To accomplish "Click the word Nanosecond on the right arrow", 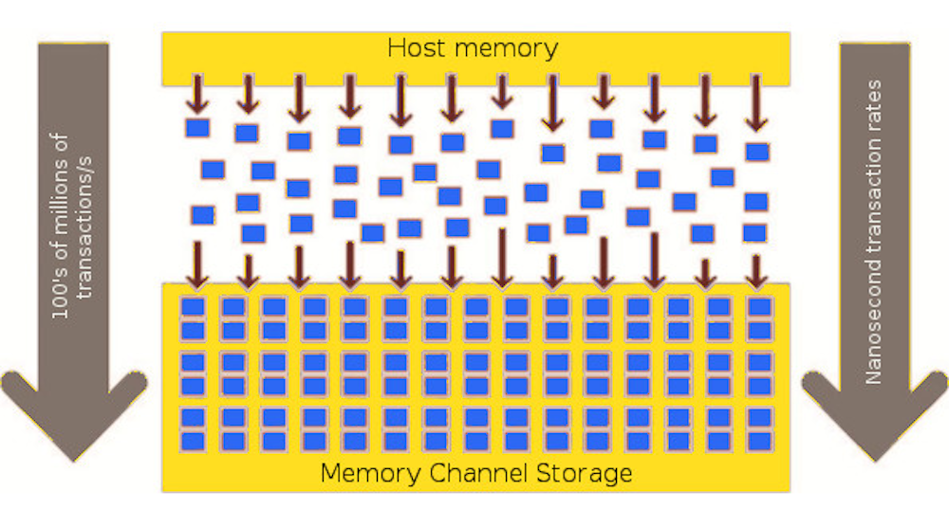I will click(874, 322).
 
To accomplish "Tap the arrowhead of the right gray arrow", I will click(874, 412).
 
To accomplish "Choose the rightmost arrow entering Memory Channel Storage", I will click(755, 269).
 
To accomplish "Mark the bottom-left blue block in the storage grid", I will click(194, 441).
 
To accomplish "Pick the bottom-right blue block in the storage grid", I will click(758, 441).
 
